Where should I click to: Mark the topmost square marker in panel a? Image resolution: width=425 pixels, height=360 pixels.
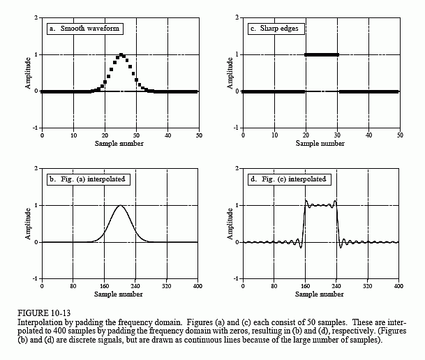coord(121,54)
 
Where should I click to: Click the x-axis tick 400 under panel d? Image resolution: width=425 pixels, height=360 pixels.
coord(398,286)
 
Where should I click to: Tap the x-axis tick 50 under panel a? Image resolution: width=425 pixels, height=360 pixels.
coord(197,135)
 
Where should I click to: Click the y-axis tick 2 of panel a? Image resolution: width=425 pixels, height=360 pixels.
coord(37,17)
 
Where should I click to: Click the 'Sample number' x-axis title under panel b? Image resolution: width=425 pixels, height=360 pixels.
coord(120,294)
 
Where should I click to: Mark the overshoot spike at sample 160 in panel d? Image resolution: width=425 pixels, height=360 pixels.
coord(306,201)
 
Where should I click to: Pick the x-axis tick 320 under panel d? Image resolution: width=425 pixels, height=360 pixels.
coord(367,286)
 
